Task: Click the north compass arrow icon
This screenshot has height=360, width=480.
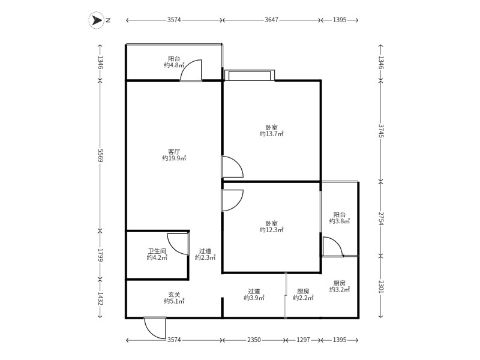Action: tap(97, 20)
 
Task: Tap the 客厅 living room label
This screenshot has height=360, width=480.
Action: tap(174, 152)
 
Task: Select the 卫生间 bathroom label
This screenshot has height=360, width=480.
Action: tap(157, 251)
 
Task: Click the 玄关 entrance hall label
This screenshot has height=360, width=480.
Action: tap(174, 295)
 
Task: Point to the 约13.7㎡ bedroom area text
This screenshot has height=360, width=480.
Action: tap(272, 134)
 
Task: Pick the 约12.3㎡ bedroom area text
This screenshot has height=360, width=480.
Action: tap(272, 230)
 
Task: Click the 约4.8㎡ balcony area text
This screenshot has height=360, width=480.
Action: tap(174, 65)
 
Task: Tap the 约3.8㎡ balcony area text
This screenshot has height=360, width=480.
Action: tap(340, 221)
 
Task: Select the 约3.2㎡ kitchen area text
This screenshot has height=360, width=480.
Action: tap(340, 289)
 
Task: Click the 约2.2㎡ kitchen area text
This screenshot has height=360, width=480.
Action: tap(303, 298)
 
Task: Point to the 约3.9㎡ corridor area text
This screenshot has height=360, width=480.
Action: tap(254, 298)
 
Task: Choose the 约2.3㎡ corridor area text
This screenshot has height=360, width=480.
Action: tap(205, 257)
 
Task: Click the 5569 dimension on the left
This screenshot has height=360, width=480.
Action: tap(100, 155)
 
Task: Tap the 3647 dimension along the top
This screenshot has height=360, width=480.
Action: tap(272, 20)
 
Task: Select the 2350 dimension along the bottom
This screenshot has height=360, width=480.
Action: tap(254, 340)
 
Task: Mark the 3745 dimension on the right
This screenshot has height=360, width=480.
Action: tap(381, 131)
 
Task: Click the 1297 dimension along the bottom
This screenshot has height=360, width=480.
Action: tap(303, 340)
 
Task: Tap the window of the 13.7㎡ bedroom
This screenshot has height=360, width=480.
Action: tap(249, 75)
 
